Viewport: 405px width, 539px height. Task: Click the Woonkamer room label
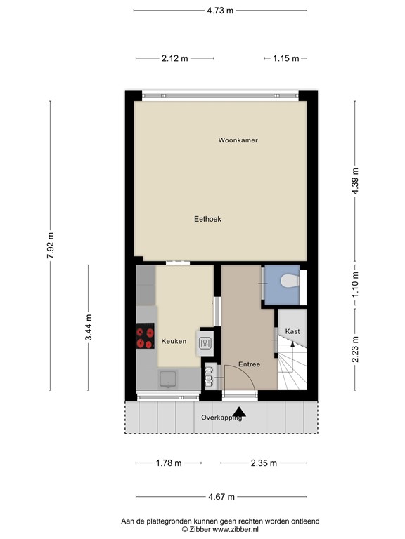[x=238, y=140]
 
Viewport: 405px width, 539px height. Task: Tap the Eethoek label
[x=207, y=219]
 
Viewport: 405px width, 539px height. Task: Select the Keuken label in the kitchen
[x=174, y=341]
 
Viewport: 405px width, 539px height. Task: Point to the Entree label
[x=249, y=364]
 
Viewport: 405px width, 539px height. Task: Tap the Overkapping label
[x=221, y=418]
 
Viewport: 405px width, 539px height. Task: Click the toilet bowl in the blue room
[x=289, y=282]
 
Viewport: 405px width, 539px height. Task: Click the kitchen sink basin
[x=167, y=379]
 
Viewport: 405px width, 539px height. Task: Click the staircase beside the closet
[x=291, y=365]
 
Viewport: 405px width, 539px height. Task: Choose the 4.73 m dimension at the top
[x=220, y=11]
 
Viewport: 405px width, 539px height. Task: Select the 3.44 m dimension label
[x=88, y=328]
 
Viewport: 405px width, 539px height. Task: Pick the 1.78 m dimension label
[x=168, y=463]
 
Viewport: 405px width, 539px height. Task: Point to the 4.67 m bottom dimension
[x=221, y=497]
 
